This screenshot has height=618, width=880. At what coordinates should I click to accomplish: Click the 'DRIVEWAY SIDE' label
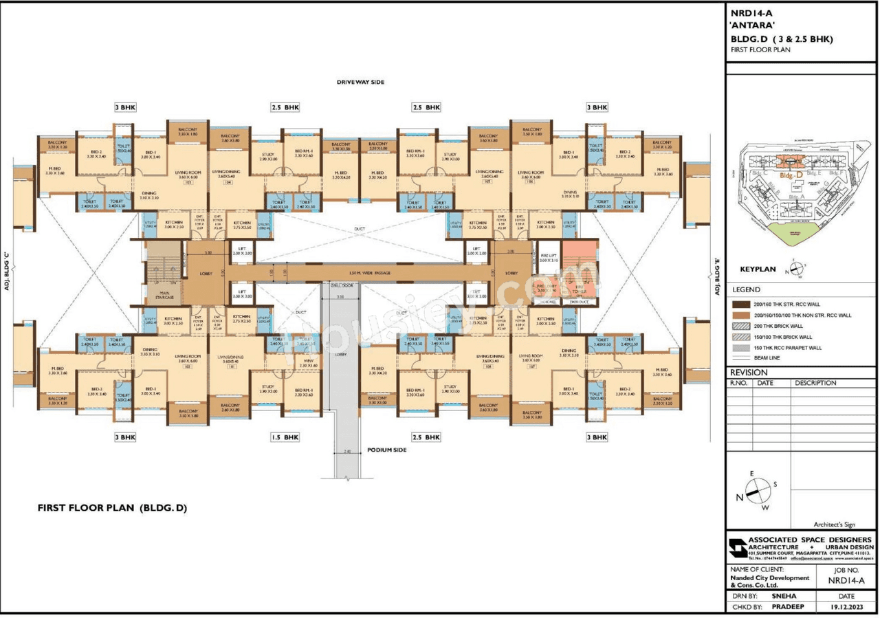point(360,82)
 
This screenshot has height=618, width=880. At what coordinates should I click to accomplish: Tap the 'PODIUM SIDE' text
point(386,450)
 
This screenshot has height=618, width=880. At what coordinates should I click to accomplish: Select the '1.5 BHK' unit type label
point(285,437)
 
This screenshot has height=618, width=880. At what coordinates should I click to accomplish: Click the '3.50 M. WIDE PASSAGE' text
point(369,273)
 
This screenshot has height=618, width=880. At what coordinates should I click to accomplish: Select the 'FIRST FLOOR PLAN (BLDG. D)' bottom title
point(112,508)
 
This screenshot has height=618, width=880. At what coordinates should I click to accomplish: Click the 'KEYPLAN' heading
point(758,269)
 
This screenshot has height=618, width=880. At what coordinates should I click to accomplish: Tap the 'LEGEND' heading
point(746,290)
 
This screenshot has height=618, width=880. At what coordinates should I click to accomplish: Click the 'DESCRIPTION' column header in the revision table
point(815,383)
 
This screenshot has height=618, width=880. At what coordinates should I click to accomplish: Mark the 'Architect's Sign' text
point(835,524)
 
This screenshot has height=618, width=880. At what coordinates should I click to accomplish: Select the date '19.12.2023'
point(846,607)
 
